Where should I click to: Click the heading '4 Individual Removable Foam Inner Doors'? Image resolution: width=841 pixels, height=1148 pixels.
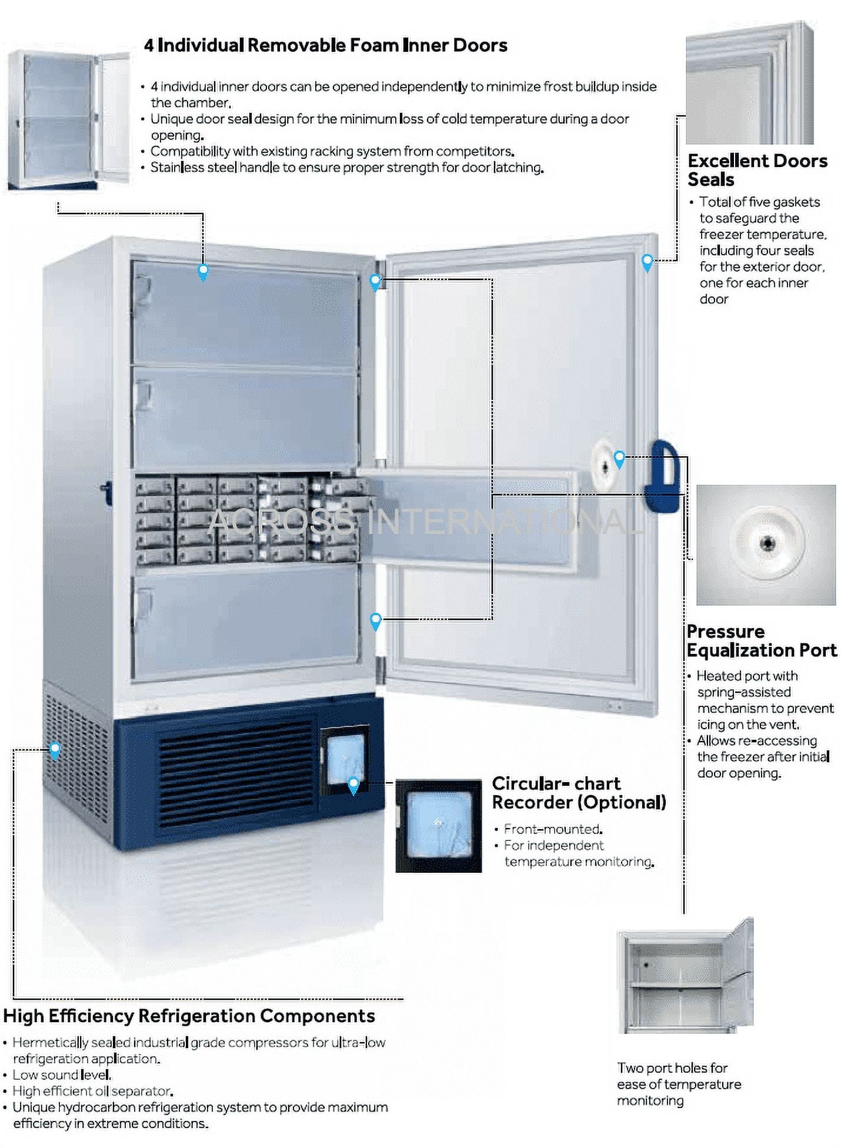coord(325,45)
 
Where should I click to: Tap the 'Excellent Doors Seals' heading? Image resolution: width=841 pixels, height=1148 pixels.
coord(757,170)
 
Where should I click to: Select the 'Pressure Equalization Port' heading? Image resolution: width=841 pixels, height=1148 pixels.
coord(761,640)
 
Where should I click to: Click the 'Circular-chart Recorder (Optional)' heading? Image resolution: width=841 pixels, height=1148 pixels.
coord(578,793)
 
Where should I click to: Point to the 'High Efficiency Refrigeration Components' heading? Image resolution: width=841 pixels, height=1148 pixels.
coord(189,1016)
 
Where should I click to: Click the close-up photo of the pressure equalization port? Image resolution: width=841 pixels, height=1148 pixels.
coord(765,545)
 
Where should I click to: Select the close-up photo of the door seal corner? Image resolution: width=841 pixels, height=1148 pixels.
coord(749,83)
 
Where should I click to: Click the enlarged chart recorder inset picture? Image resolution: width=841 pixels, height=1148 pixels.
coord(438,825)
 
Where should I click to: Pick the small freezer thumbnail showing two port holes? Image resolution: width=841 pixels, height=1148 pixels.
coord(685,976)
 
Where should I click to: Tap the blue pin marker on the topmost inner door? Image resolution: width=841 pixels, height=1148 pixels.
coord(203,272)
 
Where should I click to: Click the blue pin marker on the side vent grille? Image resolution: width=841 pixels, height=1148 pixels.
coord(55,750)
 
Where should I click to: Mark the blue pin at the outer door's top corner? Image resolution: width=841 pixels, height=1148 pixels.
coord(647,262)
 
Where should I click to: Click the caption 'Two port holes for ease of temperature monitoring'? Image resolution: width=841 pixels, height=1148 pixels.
coord(679,1084)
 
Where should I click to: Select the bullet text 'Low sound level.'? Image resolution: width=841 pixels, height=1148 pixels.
coord(62,1074)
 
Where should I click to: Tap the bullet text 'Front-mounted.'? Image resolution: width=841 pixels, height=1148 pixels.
coord(553,829)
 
